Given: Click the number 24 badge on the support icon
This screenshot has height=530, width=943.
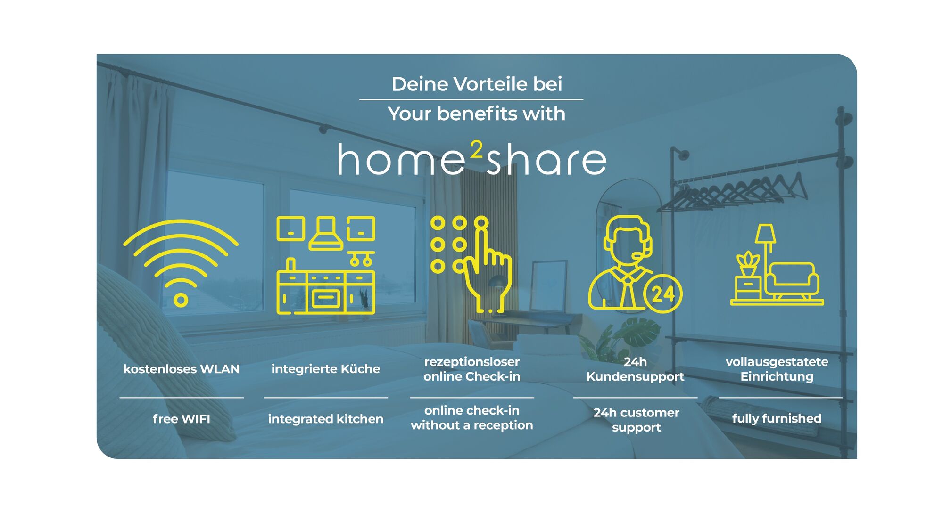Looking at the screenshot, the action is [663, 294].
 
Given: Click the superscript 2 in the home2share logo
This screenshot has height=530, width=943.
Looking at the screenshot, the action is [477, 150].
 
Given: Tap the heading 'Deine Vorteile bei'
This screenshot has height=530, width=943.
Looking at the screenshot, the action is [477, 84].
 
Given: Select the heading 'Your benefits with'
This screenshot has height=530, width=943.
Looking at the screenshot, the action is [476, 114].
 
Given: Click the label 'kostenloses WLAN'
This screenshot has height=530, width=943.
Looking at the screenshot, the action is [182, 369].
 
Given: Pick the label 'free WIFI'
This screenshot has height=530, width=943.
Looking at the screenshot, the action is [182, 419].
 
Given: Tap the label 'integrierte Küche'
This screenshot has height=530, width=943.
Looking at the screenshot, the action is [326, 369].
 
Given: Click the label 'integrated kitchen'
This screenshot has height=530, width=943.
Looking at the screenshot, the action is [326, 419].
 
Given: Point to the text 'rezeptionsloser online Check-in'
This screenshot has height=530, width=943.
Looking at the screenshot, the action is [472, 369].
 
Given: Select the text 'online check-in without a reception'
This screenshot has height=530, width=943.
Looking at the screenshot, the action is [472, 418].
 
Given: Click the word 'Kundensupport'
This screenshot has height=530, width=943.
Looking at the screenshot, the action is [635, 377].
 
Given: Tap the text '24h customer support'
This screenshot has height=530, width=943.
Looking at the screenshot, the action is [637, 420].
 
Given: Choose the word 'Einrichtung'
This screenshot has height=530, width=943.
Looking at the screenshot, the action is [777, 377].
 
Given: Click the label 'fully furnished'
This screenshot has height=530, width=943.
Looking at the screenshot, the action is [777, 419].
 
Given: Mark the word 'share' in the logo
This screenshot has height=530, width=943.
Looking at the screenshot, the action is [546, 159].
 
